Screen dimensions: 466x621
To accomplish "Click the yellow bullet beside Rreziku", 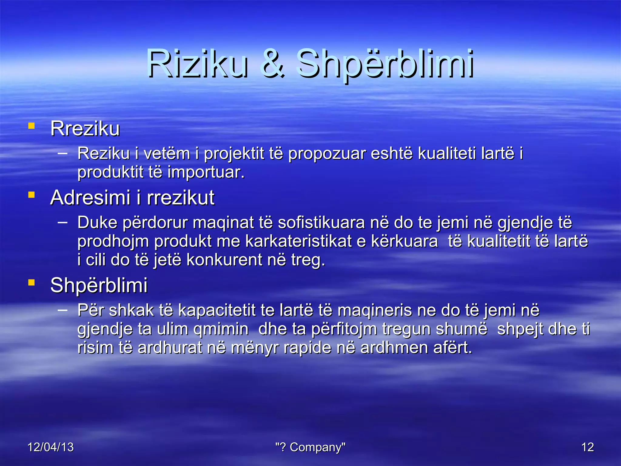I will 31,126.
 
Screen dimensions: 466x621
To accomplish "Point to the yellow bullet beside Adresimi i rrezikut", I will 31,195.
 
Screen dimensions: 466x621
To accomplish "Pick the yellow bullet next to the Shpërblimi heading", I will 31,283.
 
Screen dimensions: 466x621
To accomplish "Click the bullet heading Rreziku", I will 85,129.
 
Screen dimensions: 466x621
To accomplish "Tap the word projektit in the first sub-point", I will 234,154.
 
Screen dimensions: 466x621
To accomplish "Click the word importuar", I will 206,172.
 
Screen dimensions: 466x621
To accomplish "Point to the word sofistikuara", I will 321,223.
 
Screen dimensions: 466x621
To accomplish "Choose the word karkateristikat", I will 298,241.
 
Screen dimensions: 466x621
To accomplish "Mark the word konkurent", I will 224,260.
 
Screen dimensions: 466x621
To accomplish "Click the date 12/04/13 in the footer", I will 50,447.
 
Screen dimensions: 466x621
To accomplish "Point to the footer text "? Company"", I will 310,447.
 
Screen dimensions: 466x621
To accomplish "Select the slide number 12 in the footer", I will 587,447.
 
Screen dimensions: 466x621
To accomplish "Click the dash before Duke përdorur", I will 62,222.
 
